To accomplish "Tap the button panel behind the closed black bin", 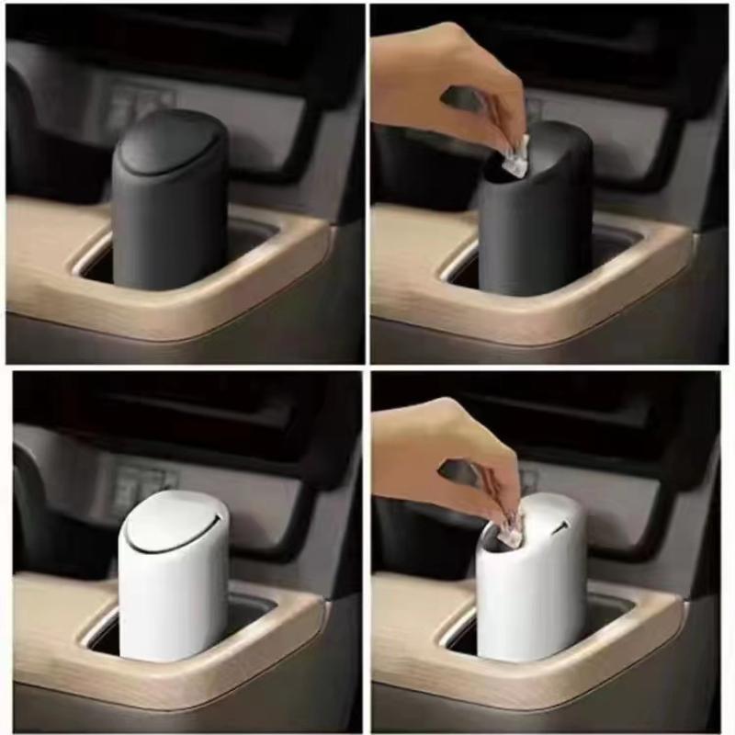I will coord(138,106).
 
